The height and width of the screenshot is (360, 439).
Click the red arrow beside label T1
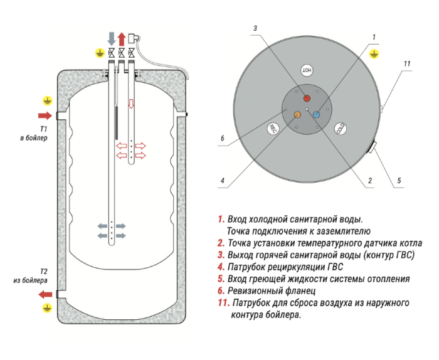(45, 115)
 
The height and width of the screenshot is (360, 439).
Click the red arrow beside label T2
(45, 294)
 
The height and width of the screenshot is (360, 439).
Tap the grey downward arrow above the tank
(111, 38)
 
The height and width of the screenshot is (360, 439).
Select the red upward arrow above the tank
(121, 38)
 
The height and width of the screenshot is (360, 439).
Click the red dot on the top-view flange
(307, 98)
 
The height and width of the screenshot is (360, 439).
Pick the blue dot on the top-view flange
(317, 114)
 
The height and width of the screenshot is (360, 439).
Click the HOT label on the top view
(307, 70)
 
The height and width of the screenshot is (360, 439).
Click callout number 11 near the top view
(407, 64)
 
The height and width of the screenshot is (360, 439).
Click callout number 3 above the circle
(256, 28)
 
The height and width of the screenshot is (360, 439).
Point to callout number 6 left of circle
(222, 139)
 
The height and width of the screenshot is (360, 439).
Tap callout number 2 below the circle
(370, 181)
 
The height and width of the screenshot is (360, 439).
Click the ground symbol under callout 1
(374, 55)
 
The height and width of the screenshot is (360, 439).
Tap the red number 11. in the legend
(223, 303)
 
